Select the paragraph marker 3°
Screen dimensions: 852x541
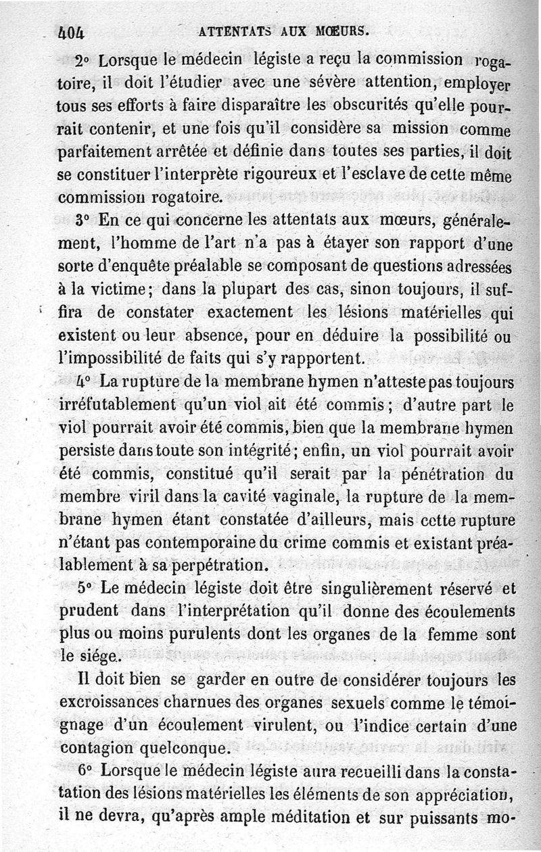pos(83,220)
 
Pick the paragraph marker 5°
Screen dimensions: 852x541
pos(85,588)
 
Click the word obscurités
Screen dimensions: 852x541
pos(375,106)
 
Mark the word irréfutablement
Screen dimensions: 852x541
pos(115,405)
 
